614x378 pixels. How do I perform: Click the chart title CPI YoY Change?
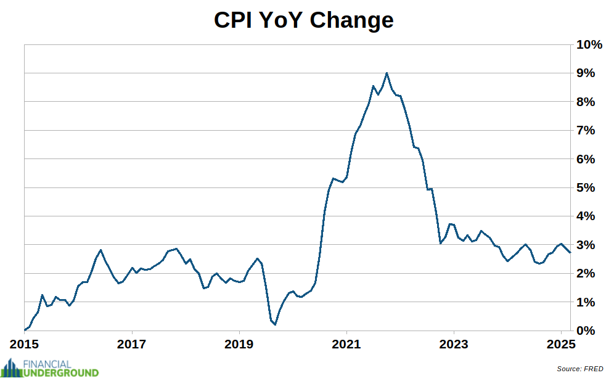pos(303,20)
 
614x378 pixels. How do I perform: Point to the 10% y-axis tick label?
pos(589,44)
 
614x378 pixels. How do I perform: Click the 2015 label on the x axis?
pos(25,343)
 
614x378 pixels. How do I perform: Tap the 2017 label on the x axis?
pos(133,343)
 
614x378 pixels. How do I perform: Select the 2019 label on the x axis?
pos(240,343)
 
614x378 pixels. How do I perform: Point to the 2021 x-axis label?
pos(346,343)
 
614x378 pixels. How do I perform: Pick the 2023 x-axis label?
pos(454,343)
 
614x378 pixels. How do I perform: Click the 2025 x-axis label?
pos(561,343)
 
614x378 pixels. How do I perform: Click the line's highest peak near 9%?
pos(387,73)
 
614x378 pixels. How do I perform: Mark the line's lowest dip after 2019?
pos(275,324)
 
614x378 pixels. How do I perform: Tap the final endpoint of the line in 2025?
pos(570,252)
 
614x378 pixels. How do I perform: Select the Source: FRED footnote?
pos(579,369)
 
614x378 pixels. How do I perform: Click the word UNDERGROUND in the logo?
pos(60,372)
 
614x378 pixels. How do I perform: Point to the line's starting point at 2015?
pos(25,330)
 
